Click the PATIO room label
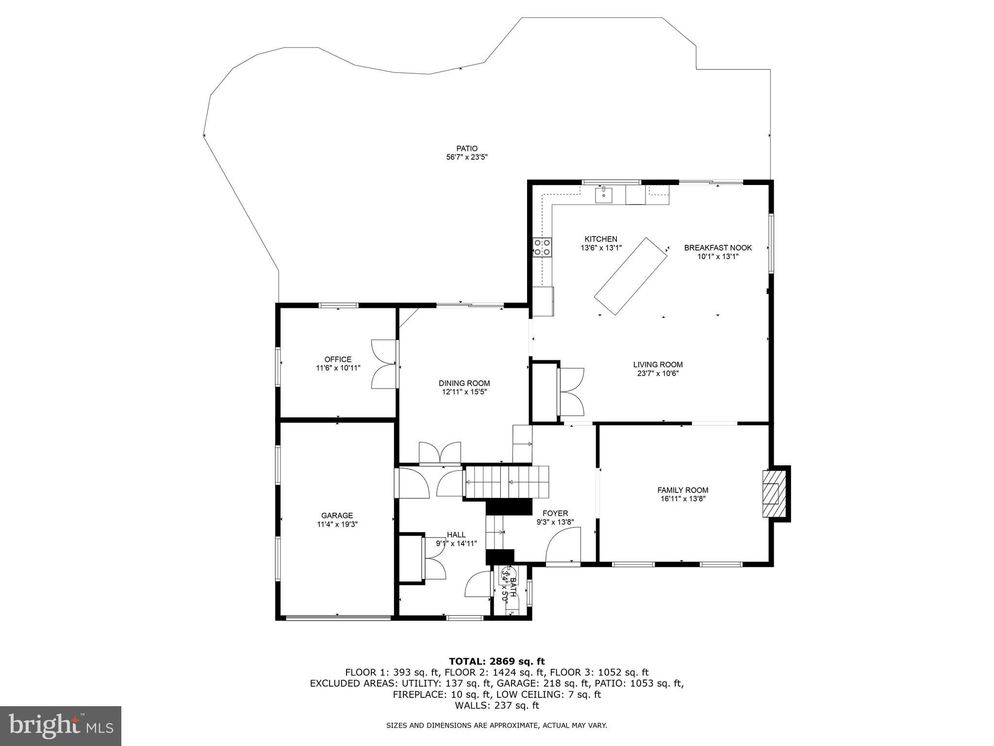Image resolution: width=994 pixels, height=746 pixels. pos(466,149)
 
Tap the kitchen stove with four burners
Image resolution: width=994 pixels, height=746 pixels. pos(542,247)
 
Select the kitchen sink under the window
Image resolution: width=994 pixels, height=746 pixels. pos(604,196)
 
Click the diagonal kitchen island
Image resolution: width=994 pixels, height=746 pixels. pos(630,276)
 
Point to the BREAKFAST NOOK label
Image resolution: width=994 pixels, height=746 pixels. pos(717,248)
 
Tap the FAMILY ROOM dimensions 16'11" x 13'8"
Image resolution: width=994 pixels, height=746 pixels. pos(682,499)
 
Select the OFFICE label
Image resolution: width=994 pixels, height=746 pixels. pos(338,359)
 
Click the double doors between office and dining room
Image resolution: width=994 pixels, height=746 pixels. pos(384,364)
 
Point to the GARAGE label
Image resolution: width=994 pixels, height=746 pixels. pos(337,515)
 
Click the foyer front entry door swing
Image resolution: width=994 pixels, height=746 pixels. pos(563,546)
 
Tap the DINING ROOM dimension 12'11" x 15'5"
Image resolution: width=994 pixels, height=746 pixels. pos(464,391)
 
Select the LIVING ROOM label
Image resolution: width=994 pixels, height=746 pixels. pos(658,364)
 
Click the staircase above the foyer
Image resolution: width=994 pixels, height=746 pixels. pos(507,482)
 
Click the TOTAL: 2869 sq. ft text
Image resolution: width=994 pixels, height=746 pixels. pos(497,661)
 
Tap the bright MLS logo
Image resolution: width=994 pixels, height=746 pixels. pos(61,726)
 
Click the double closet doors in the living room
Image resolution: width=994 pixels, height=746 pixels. pos(572,391)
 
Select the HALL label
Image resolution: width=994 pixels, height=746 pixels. pos(456,535)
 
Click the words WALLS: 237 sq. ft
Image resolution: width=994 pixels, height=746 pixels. pos(497,706)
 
